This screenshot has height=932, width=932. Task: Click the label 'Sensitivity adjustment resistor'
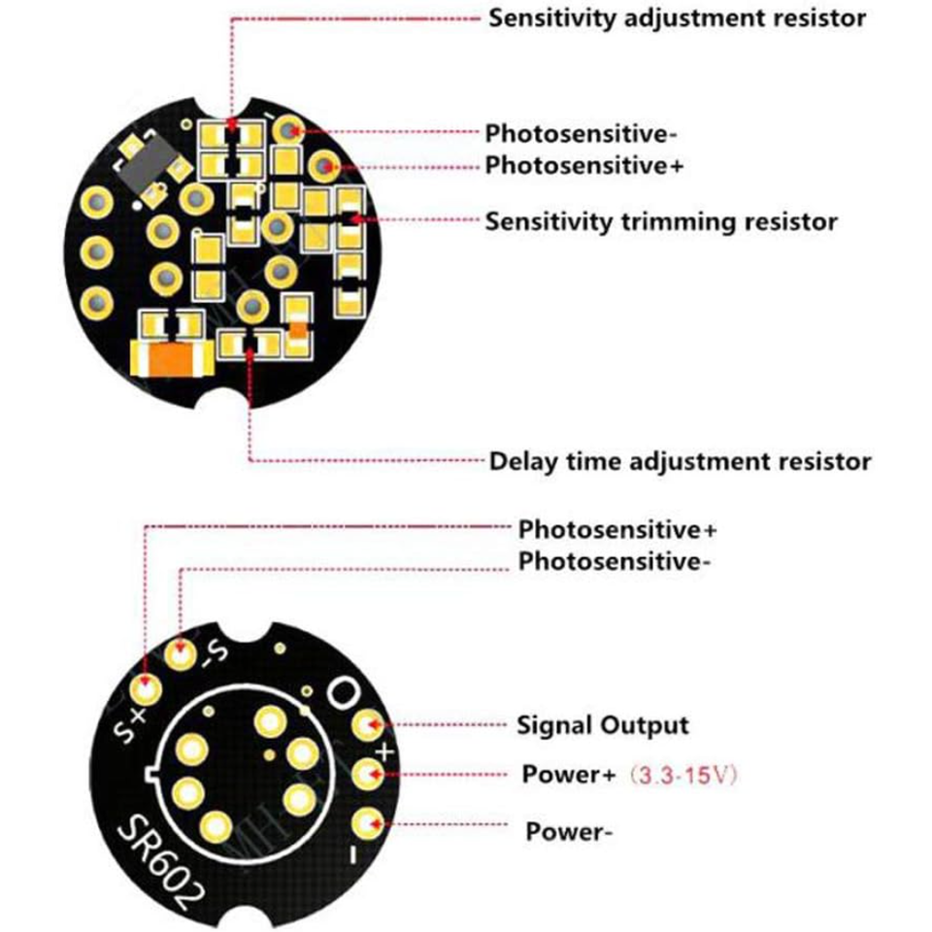pos(677,17)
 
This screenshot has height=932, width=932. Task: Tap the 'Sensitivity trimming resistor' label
pos(661,221)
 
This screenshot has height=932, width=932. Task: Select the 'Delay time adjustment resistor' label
pos(680,461)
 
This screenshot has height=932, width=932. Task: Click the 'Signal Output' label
pos(603,725)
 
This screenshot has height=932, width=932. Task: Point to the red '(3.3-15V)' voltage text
pos(683,775)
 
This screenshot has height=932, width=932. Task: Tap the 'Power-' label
pos(569,831)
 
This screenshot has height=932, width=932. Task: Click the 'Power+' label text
pos(568,774)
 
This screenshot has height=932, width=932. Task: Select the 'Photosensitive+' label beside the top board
pos(584,165)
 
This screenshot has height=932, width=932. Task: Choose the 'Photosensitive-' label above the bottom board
pos(615,561)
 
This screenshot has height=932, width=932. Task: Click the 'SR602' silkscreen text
pos(160,860)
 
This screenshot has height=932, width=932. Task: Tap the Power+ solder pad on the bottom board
pos(368,775)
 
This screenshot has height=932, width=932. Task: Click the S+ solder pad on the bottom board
pos(146,690)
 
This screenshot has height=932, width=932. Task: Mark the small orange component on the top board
pos(298,329)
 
